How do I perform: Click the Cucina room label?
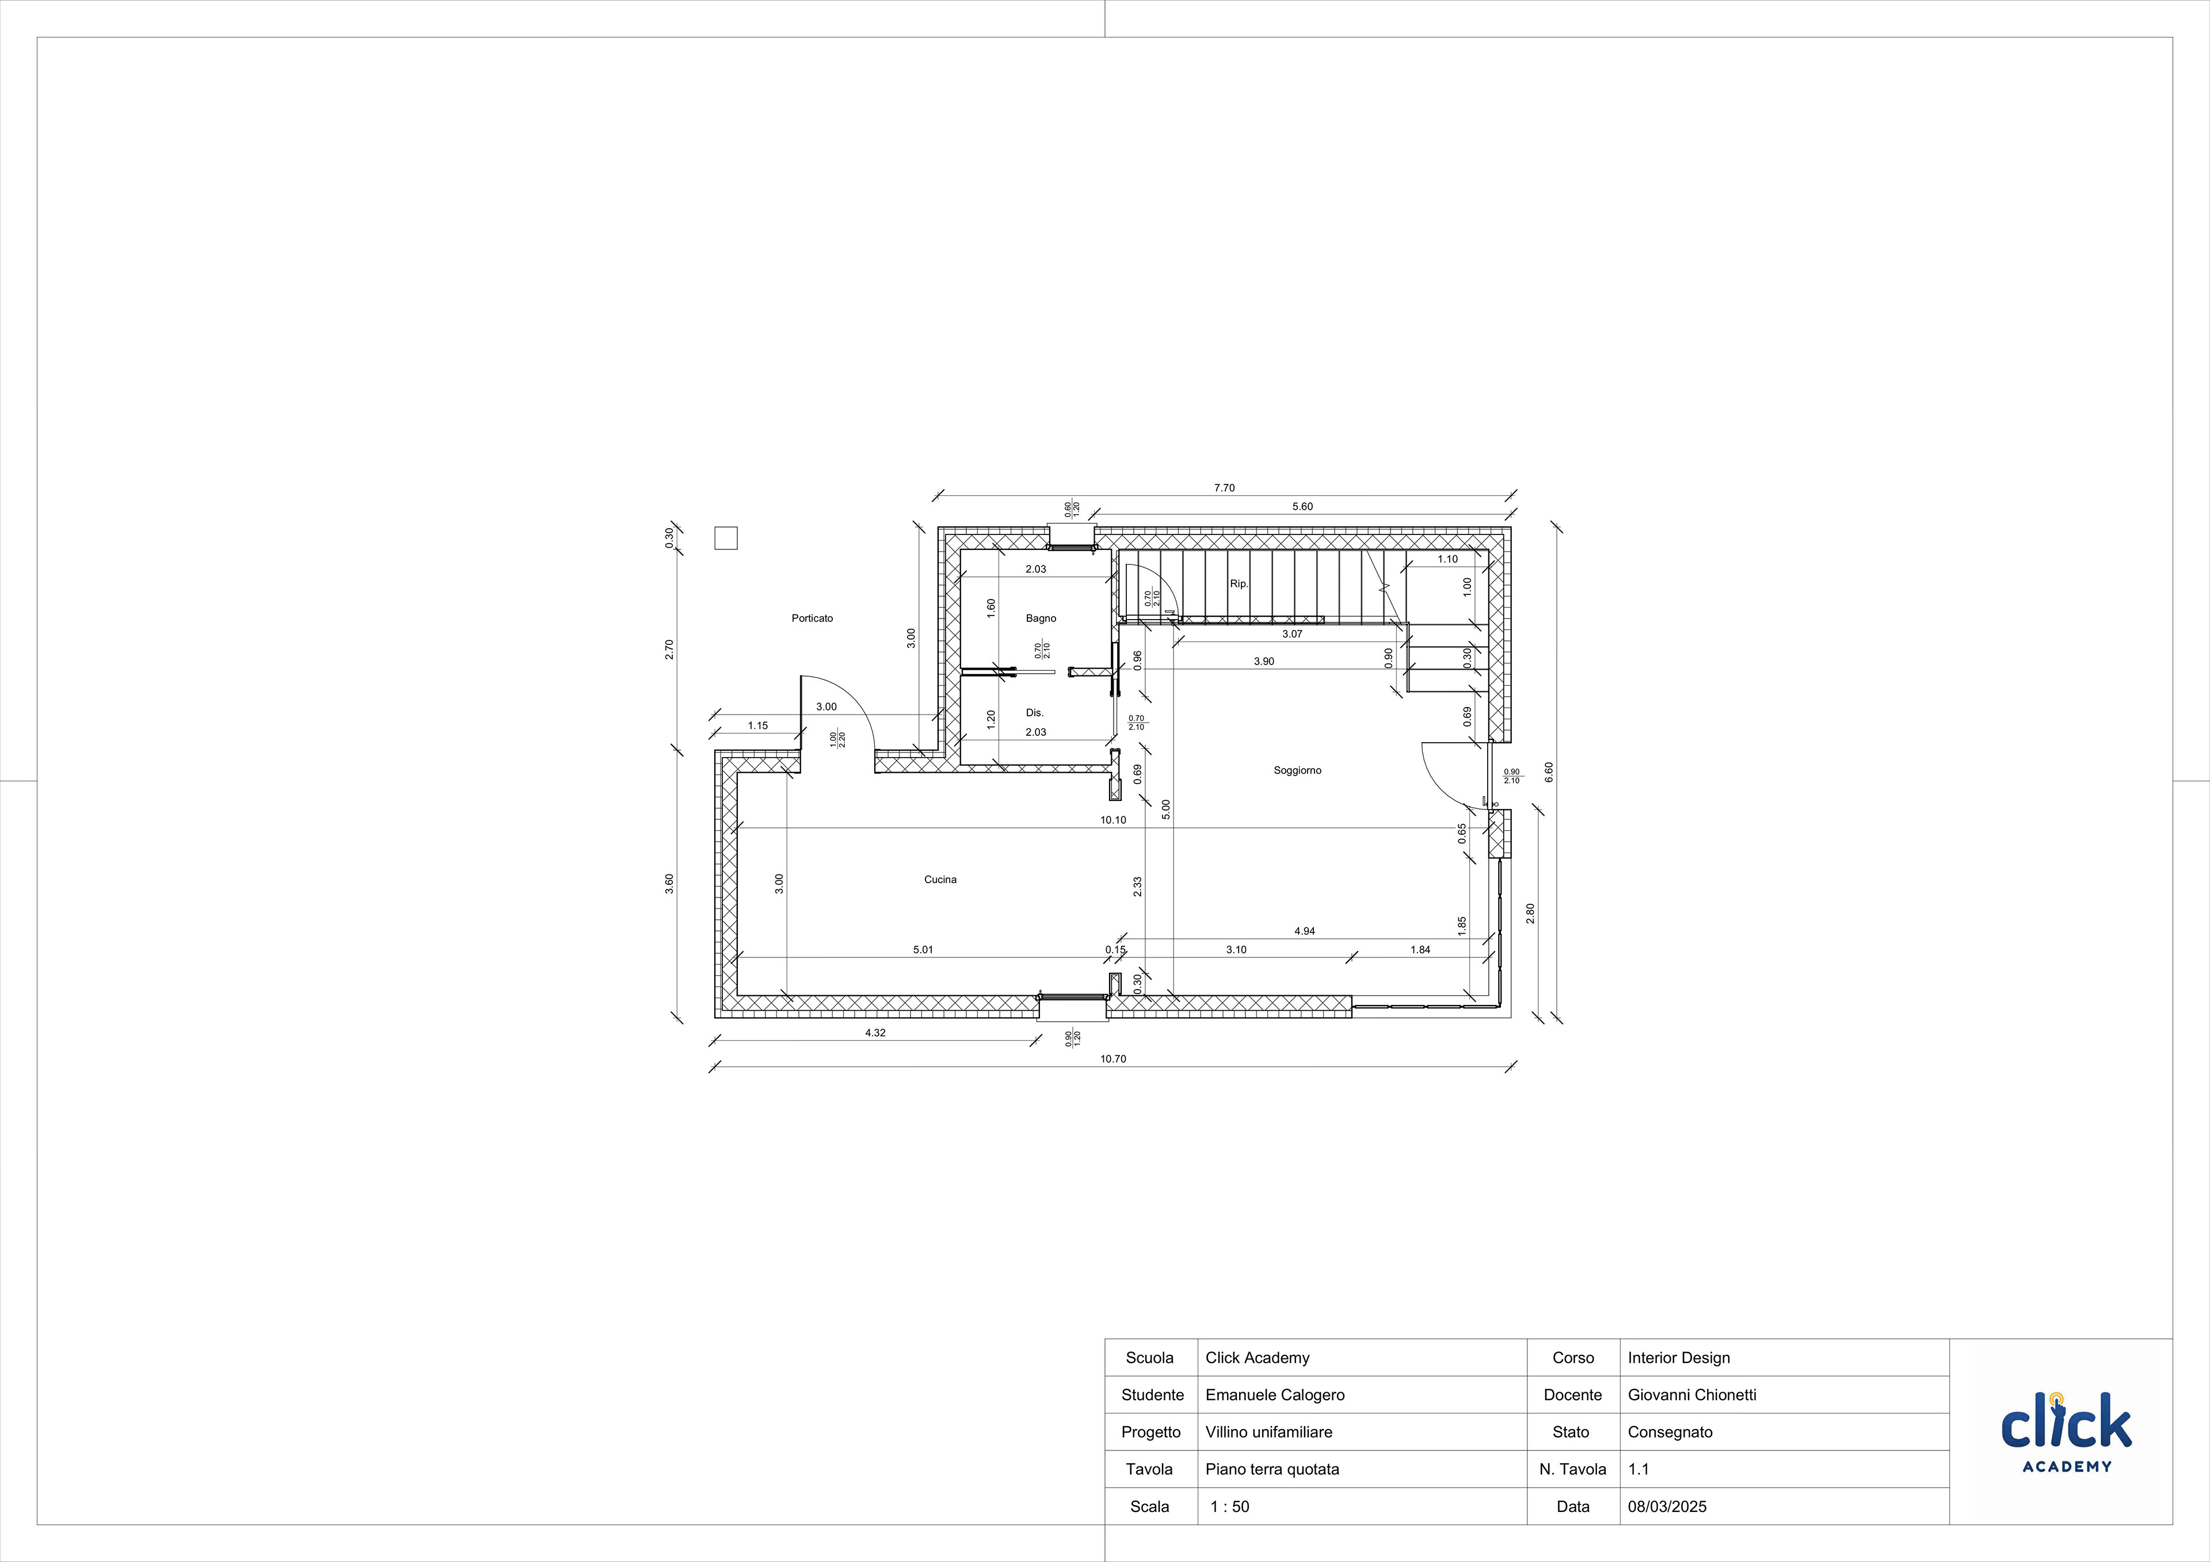[x=940, y=880]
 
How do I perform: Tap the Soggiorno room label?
[x=1297, y=771]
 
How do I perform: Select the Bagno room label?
[x=1041, y=619]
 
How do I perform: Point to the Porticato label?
[x=813, y=619]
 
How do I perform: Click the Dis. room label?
[x=1035, y=713]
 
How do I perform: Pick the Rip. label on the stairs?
[x=1239, y=584]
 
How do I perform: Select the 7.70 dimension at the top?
[x=1224, y=488]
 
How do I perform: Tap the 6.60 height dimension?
[x=1549, y=772]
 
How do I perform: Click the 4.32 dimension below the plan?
[x=875, y=1033]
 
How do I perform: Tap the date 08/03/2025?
[x=1667, y=1506]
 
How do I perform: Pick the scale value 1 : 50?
[x=1229, y=1506]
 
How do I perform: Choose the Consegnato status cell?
[x=1670, y=1432]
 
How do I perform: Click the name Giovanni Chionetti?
[x=1692, y=1395]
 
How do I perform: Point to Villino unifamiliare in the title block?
[x=1268, y=1432]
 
